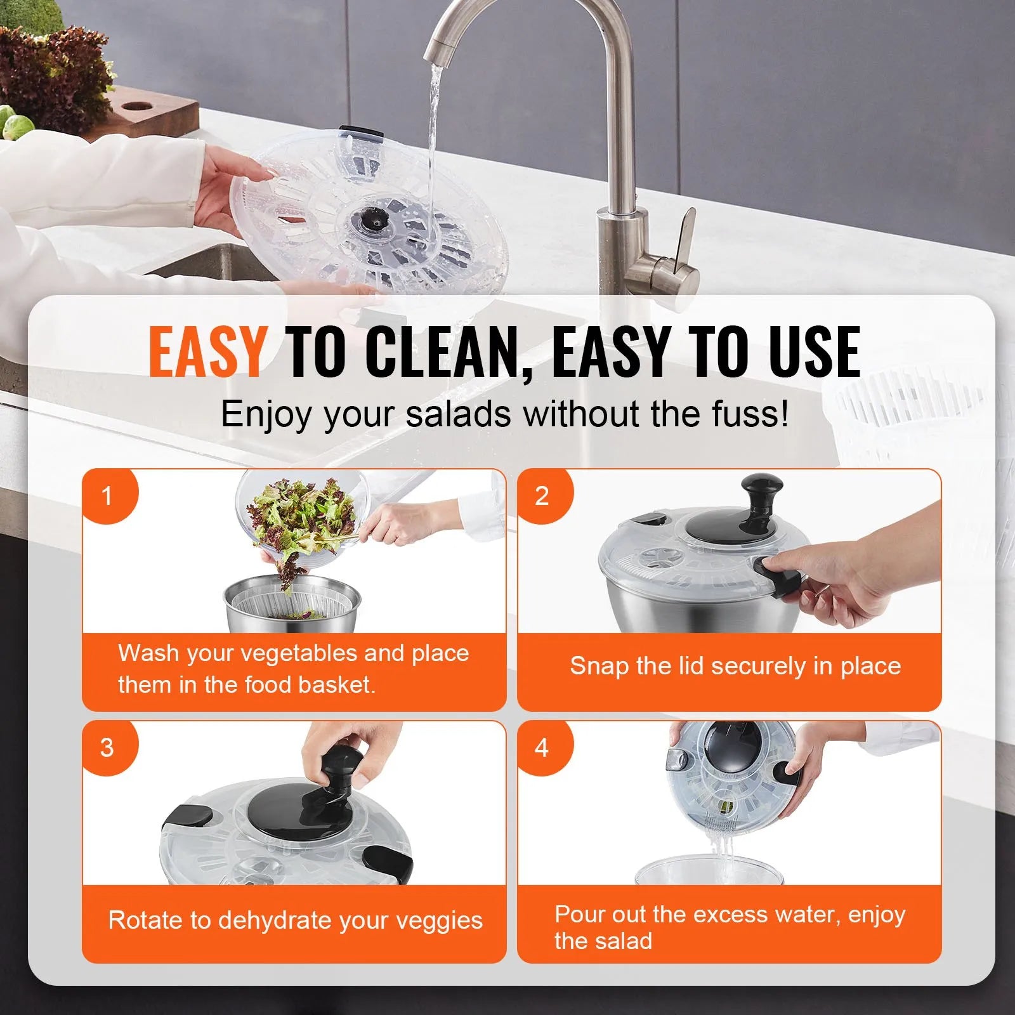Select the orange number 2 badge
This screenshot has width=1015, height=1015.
[541, 495]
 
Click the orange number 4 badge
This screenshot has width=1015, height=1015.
[541, 747]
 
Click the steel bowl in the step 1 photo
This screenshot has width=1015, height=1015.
[292, 609]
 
